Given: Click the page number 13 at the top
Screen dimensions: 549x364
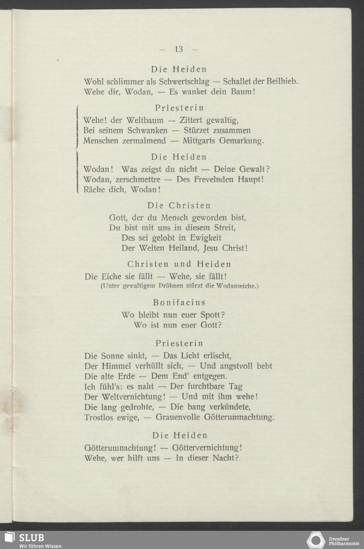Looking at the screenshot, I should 179,49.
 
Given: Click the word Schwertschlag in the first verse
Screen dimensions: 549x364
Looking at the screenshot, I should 184,81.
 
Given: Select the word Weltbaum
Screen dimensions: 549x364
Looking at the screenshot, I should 145,120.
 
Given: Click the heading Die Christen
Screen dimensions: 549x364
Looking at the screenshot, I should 179,206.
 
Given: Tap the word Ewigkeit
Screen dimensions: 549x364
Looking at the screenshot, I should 206,238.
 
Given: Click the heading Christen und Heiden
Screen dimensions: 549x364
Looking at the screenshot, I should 179,264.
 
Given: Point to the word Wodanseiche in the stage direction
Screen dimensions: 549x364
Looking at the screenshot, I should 237,286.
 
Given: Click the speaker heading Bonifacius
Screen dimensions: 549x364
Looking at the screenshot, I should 179,302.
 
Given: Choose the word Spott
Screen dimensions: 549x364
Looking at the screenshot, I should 213,315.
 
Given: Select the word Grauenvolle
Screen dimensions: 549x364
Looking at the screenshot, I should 178,417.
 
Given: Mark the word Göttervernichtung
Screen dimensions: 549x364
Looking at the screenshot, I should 207,447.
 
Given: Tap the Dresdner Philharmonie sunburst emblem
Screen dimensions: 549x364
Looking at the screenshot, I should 316,540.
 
